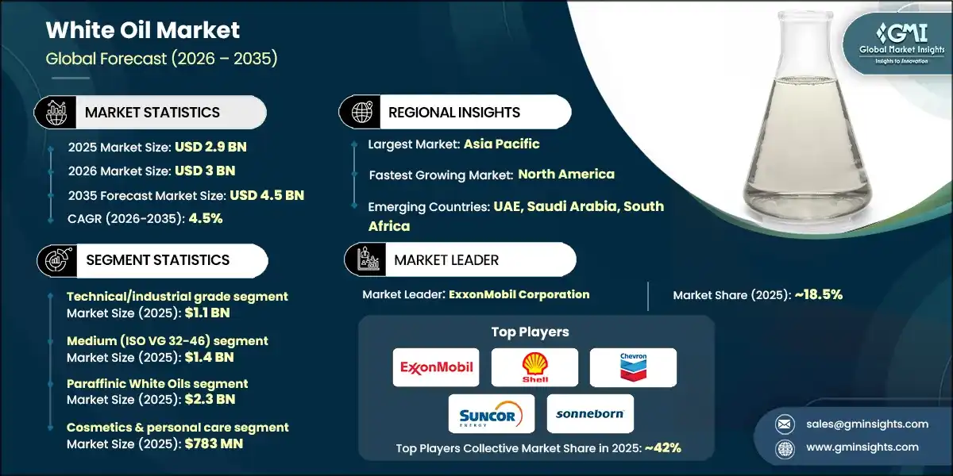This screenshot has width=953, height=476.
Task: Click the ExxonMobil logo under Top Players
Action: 436,367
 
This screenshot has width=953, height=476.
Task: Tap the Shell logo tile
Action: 534,367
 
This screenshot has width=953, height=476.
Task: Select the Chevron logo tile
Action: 633,367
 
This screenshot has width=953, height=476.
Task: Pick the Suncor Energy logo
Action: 491,413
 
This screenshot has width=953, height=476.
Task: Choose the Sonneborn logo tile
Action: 590,413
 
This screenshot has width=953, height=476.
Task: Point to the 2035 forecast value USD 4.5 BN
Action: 267,195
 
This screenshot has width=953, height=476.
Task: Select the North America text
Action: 566,175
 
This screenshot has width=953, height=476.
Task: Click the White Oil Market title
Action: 143,30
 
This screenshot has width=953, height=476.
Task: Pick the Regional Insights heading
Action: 454,113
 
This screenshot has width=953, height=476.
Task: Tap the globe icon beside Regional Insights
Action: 361,113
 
